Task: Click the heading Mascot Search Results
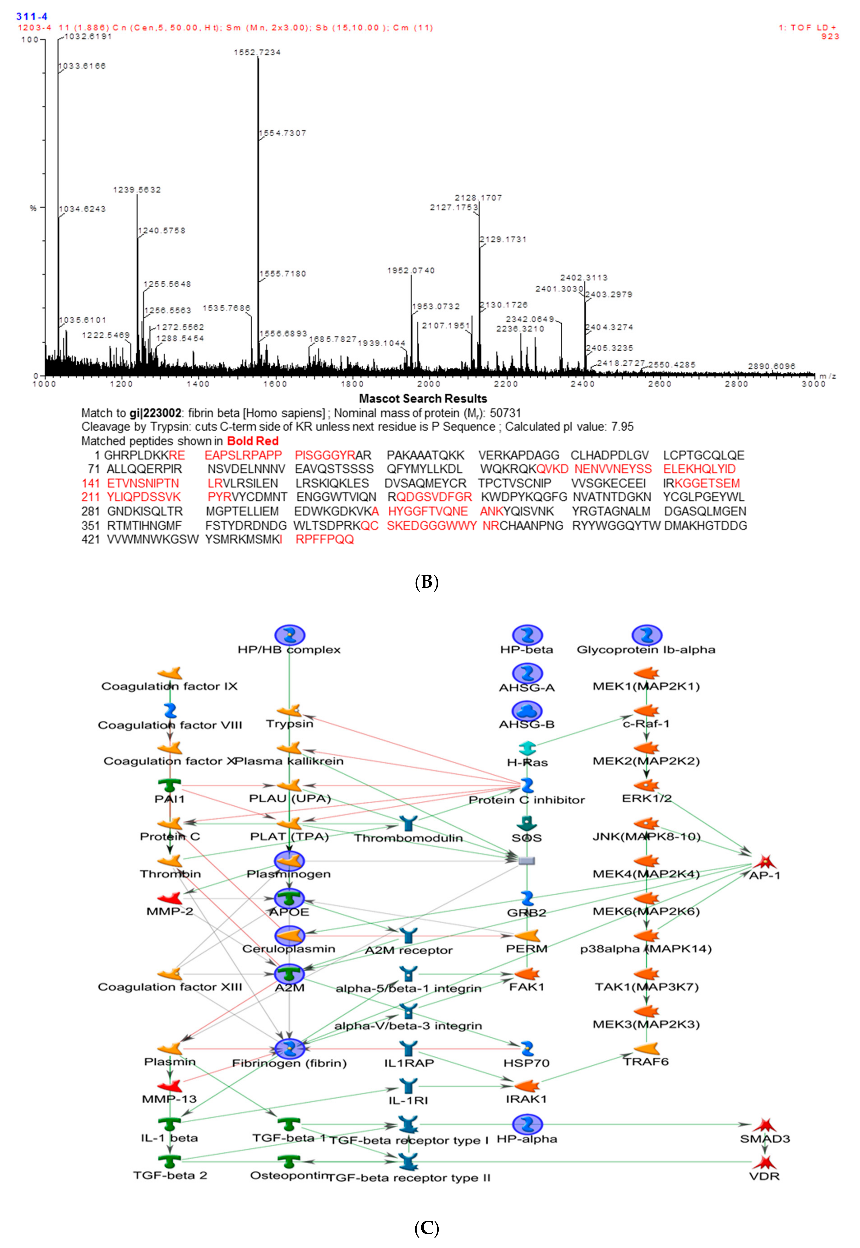coord(423,399)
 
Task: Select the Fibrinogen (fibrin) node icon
coord(290,1049)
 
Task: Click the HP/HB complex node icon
coord(290,635)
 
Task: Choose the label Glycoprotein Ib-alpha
coord(646,650)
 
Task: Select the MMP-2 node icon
coord(170,898)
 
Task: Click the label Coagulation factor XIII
coord(170,987)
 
